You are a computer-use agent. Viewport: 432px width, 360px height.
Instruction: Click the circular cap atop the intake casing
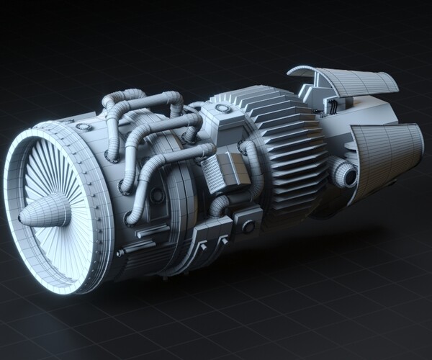(85, 127)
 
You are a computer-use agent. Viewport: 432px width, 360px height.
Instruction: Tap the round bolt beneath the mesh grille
(248, 226)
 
